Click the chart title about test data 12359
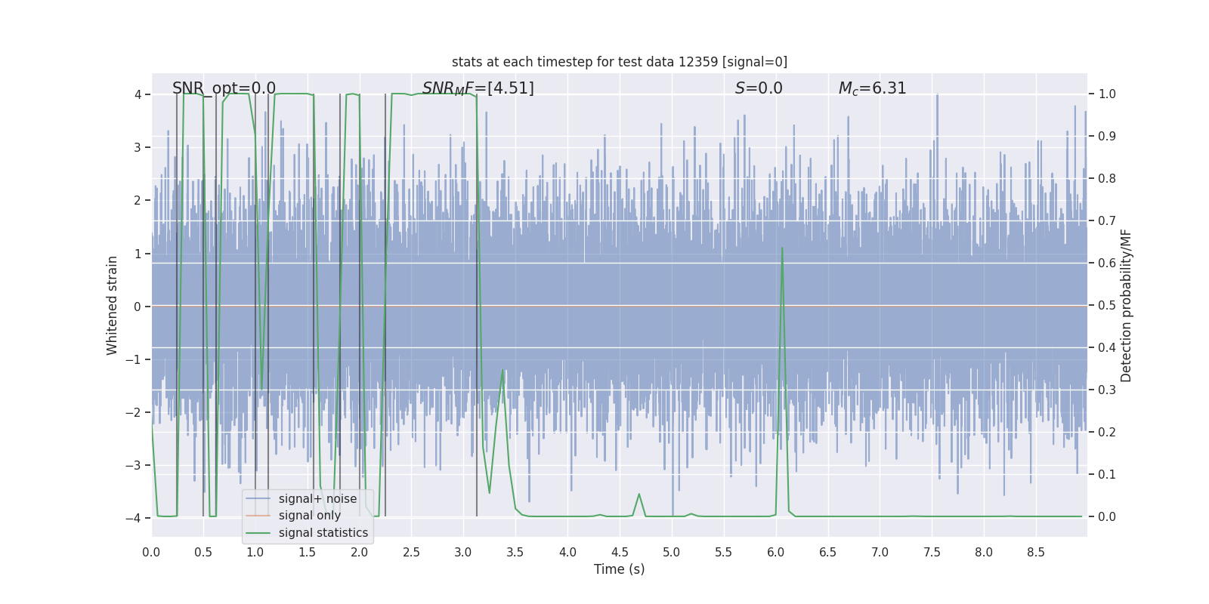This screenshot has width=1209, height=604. coord(619,62)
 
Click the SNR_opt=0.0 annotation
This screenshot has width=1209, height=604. coord(224,88)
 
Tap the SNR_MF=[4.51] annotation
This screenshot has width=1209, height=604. coord(478,88)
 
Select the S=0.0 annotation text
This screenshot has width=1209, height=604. coord(759,88)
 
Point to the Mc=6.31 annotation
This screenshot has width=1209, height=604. coord(872,88)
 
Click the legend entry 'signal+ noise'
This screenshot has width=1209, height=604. coord(317,499)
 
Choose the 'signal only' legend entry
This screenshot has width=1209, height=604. coord(309,516)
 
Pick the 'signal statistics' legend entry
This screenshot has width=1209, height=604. coord(323,533)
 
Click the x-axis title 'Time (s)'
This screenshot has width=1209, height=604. coord(619,569)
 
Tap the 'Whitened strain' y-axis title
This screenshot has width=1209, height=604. coord(113,306)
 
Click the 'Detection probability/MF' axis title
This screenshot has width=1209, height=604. coord(1126,306)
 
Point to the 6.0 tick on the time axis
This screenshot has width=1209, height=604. coord(776,552)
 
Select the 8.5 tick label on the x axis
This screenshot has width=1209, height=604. coord(1036,552)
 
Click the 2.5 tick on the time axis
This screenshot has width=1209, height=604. coord(411,552)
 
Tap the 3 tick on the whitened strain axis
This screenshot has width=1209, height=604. coord(138,147)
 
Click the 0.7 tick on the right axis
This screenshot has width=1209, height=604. coord(1107,221)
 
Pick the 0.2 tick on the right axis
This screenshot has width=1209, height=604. coord(1107,433)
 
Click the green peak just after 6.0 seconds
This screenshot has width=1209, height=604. coord(782,248)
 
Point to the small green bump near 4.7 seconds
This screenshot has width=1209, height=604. coord(639,495)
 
